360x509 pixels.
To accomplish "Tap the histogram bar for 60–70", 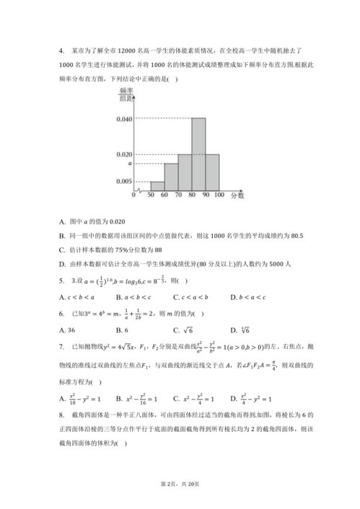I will (x=171, y=177).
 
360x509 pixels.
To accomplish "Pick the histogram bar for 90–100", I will (x=212, y=172).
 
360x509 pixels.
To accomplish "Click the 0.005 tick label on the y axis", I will (x=124, y=182).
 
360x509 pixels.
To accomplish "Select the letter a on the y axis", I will (x=129, y=164).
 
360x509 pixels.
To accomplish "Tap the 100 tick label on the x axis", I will (x=219, y=195).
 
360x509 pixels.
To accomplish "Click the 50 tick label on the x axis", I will (x=151, y=195).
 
